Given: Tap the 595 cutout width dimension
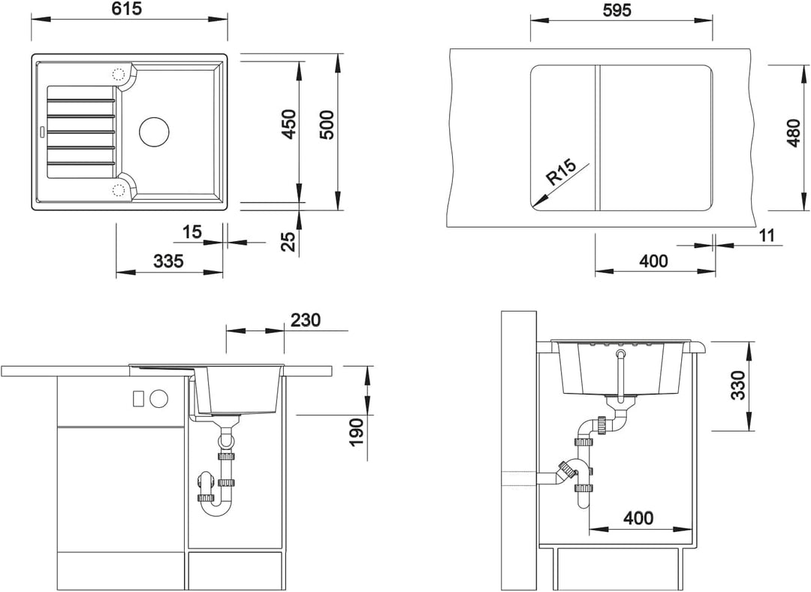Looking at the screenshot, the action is point(617,10).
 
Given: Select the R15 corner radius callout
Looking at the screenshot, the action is point(561,172).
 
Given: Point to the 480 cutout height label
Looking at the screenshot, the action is point(794,133).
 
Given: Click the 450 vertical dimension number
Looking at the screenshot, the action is point(290,124).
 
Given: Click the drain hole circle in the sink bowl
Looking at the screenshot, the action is point(154,131).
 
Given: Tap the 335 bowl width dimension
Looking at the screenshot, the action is point(169,261).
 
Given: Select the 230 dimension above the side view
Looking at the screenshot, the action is point(305,320).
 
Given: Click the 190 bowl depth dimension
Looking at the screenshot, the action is point(357,432).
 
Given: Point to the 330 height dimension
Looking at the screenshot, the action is point(738,385).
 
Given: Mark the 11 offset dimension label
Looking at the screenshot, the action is point(767,235).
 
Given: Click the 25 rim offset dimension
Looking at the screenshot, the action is point(290,241).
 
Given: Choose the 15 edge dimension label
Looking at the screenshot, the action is point(192,232).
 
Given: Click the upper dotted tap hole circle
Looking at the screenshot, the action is point(119,74).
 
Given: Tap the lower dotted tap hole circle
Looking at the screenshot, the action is point(119,189).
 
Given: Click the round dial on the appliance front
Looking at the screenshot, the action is point(158,398).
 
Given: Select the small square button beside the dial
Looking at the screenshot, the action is point(138,398).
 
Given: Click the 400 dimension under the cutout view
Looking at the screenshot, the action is point(654,261).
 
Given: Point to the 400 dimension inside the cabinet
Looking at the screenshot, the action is point(638,518).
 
